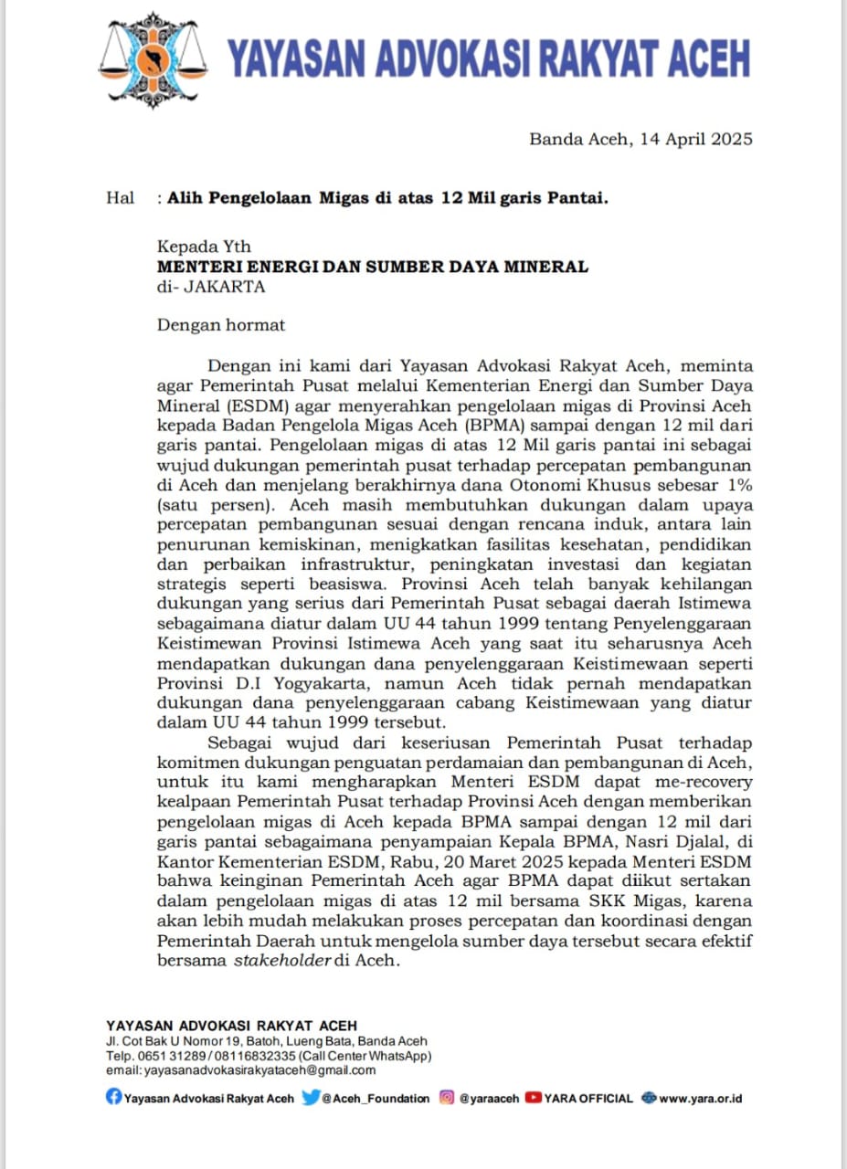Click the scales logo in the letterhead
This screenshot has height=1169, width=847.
point(152,62)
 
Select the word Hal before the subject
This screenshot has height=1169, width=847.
point(120,197)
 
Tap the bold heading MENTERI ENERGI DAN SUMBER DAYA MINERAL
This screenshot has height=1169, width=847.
point(373,267)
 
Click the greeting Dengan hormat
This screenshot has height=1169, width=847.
point(221,324)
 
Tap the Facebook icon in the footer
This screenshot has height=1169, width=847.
point(113,1098)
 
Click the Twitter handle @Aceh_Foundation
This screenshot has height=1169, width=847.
point(375,1099)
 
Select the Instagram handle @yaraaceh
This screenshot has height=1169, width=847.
point(488,1099)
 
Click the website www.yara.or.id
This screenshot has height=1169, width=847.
point(700,1099)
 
